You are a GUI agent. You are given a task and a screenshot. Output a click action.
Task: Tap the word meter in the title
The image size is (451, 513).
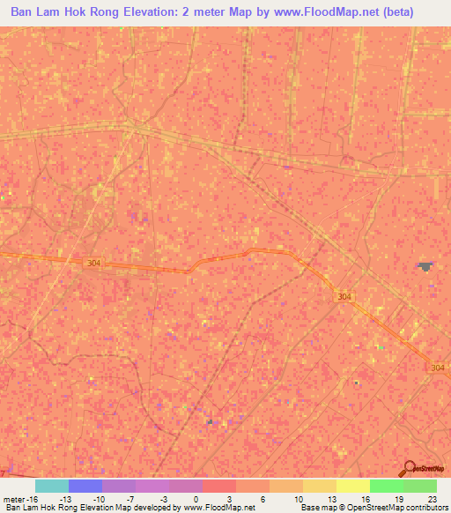(x=226, y=13)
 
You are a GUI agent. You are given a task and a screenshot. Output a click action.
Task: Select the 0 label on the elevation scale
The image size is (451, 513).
(x=195, y=499)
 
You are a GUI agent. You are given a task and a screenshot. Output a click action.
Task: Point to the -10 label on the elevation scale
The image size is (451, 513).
(x=100, y=499)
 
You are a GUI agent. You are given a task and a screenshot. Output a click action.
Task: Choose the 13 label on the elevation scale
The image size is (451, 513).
(x=332, y=499)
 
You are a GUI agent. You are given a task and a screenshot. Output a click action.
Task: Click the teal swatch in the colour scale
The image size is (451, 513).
(x=52, y=486)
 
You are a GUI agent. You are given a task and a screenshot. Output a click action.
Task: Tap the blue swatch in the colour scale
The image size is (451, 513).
(x=85, y=486)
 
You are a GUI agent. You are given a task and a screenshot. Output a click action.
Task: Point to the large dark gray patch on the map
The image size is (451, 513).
(x=426, y=265)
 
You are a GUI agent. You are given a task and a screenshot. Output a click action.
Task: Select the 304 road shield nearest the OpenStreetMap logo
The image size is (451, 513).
(x=437, y=367)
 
